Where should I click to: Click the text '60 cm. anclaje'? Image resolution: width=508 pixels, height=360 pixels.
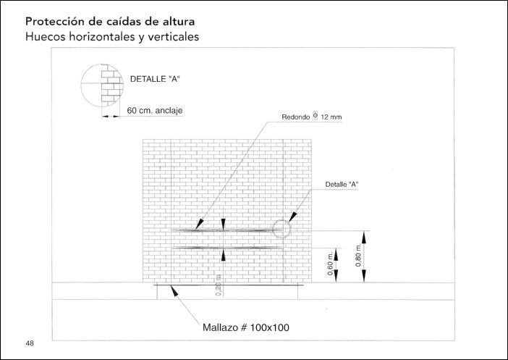[154, 111]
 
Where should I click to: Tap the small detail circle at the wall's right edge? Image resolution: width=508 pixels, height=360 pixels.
[281, 229]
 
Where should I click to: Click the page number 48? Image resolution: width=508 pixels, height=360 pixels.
[30, 343]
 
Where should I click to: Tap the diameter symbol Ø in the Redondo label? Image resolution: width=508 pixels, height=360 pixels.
[316, 115]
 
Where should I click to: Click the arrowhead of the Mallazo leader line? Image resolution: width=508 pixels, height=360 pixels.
[170, 290]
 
